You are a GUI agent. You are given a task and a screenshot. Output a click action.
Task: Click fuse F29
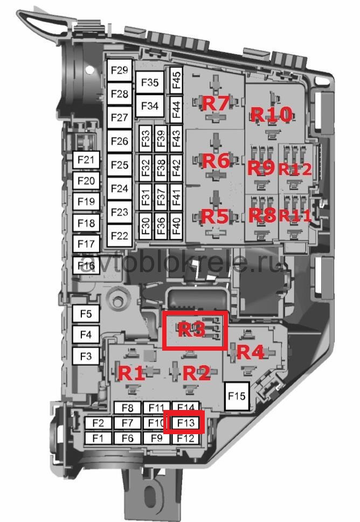pos(119,71)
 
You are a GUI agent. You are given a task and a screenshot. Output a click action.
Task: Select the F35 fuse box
pos(150,82)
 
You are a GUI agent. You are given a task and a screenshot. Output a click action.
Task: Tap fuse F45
pos(176,79)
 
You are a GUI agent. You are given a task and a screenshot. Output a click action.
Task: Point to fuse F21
pos(86,159)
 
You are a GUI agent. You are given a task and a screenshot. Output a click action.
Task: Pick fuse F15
pos(236,396)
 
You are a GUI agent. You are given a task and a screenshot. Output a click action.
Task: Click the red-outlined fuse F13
pos(185,422)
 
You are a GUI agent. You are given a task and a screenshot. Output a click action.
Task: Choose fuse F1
pos(98,438)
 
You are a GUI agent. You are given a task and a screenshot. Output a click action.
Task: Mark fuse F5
pos(86,314)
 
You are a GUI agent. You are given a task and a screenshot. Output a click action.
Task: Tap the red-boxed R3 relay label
pos(192,330)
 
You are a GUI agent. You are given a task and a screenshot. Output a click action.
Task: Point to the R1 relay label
pos(132,373)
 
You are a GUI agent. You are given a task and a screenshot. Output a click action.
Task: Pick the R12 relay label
pos(295,169)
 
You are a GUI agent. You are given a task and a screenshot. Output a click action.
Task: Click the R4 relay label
pos(251,352)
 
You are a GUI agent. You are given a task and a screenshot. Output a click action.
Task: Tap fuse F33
pos(146,138)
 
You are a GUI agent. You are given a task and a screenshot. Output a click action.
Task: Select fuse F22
pos(119,235)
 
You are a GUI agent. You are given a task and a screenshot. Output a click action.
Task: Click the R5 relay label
pos(215,217)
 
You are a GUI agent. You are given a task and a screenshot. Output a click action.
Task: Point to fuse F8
pos(127,408)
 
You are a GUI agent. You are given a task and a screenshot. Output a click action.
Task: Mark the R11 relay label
pos(295,216)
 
